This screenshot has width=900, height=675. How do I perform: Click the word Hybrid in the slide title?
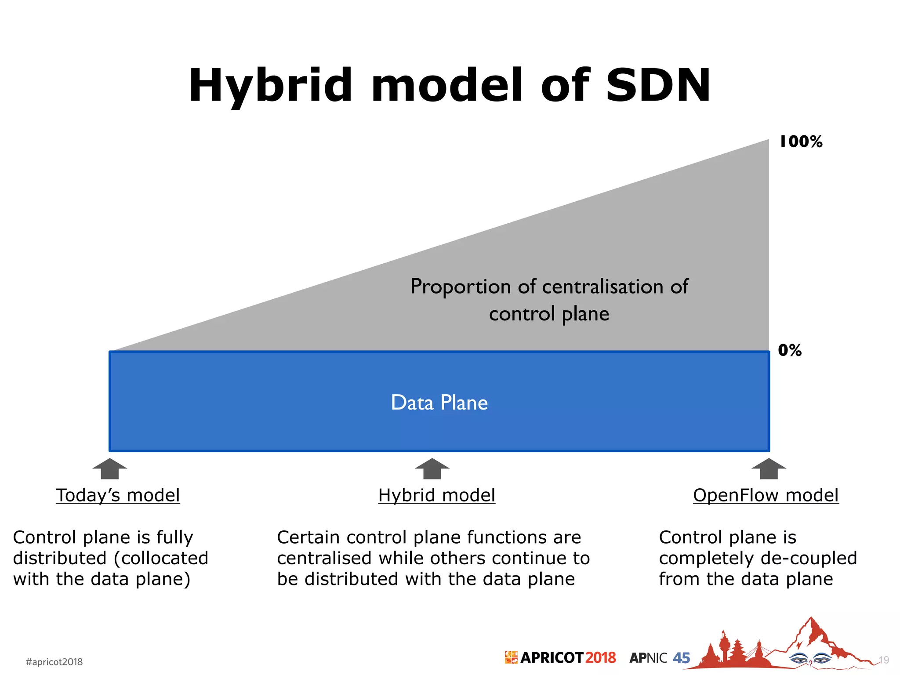tap(270, 86)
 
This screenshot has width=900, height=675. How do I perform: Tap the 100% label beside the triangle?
tap(801, 142)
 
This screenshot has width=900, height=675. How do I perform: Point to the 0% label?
tap(790, 350)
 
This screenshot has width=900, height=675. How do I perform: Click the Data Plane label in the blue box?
tap(439, 403)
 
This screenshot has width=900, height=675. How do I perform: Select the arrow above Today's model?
tap(109, 469)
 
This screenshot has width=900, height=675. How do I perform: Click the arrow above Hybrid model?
tap(432, 469)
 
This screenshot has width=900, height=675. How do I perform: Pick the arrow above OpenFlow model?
tap(769, 469)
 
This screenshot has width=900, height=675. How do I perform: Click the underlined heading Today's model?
tap(118, 495)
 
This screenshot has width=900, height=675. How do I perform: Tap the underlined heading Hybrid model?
tap(436, 495)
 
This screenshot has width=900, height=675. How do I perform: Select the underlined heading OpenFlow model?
tap(766, 495)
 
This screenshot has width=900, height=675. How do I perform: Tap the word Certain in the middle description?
tap(308, 537)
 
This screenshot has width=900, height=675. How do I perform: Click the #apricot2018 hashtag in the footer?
tap(54, 662)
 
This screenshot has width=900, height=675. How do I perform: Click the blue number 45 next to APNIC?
tap(681, 658)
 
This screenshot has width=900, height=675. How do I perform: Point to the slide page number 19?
tap(883, 660)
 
